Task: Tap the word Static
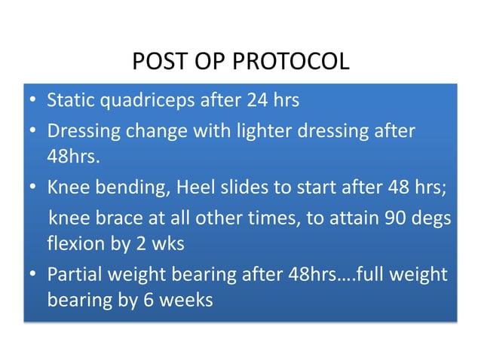[69, 101]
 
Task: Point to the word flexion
[74, 244]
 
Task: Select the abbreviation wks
[170, 244]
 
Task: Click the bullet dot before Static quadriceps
[32, 102]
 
